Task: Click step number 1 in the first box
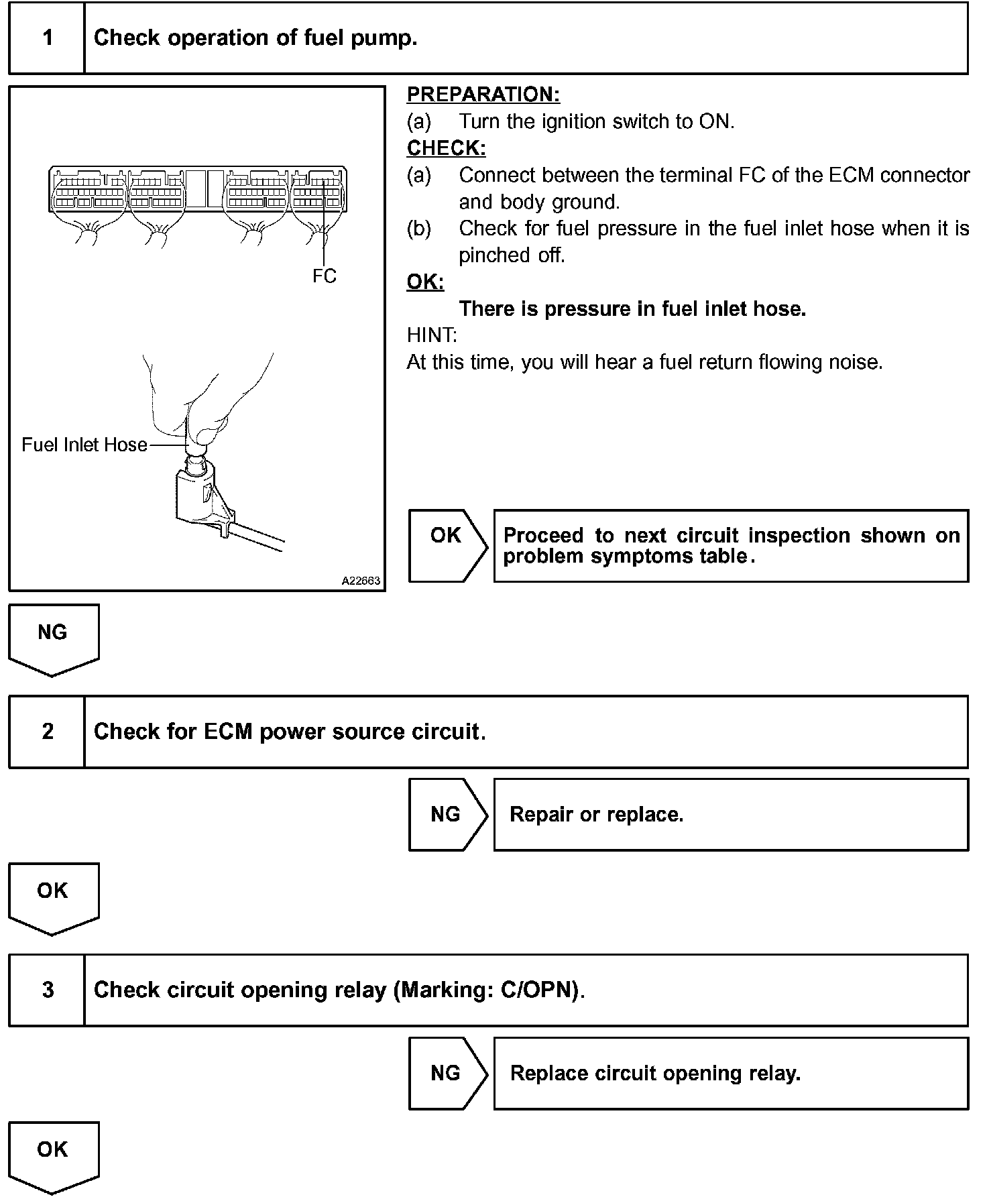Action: [48, 38]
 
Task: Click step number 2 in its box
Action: [48, 731]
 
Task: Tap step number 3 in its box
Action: [48, 990]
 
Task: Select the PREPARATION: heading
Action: [483, 95]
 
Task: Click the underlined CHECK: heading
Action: [446, 148]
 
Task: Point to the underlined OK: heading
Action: [425, 282]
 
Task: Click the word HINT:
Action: [431, 335]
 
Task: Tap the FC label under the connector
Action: [324, 276]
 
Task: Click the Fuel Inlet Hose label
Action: [84, 445]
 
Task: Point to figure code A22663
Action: [361, 581]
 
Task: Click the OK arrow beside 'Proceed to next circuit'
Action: [447, 545]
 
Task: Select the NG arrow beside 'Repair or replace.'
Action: [447, 815]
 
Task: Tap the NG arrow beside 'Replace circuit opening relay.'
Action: [447, 1074]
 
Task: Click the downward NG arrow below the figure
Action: [53, 637]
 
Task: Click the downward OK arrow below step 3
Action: [53, 1155]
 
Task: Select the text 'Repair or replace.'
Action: [596, 815]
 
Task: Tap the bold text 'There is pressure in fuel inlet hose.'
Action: [632, 308]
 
